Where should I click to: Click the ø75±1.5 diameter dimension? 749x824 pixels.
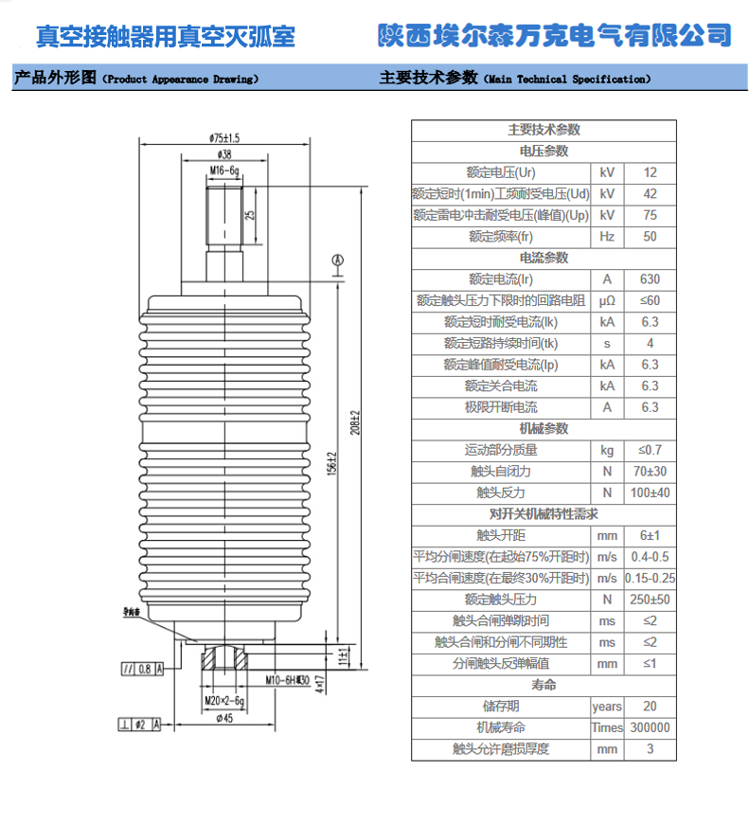tap(224, 137)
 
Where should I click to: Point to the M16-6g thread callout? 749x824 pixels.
tap(224, 170)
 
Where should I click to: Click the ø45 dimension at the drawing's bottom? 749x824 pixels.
tap(224, 718)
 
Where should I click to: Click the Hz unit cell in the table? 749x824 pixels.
tap(607, 237)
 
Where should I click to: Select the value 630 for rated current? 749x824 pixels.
tap(650, 279)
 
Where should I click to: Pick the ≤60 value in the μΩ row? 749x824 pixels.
tap(650, 301)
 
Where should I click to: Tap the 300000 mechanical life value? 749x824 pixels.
tap(650, 727)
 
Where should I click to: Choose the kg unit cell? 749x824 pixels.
tap(607, 450)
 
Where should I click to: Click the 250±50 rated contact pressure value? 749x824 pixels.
tap(650, 600)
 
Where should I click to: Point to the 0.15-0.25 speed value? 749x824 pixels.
tap(651, 578)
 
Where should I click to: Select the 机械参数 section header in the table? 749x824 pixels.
tap(544, 428)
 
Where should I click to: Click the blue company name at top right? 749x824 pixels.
tap(555, 36)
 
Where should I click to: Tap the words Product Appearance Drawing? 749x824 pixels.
tap(180, 80)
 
